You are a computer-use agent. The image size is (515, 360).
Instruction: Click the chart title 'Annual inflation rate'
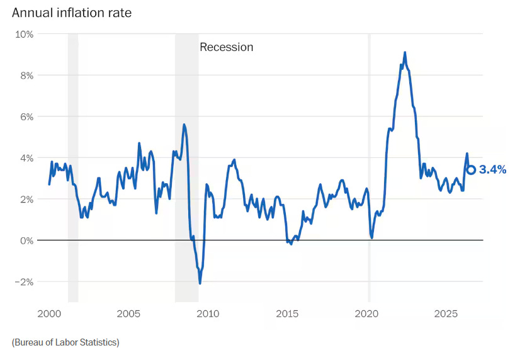(x=72, y=13)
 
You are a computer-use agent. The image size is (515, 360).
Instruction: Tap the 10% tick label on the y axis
(x=24, y=34)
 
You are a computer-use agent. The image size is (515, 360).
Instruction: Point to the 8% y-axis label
(x=26, y=76)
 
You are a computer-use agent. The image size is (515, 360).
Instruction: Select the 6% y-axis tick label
(x=26, y=117)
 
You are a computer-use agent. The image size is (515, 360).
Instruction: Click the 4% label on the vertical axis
(x=26, y=159)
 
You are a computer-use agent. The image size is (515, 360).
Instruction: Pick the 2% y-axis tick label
(x=26, y=200)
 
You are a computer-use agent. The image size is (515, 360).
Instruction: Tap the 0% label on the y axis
(x=26, y=241)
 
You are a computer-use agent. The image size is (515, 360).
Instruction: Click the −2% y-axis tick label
(x=24, y=282)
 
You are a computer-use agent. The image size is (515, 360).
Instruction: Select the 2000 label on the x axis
(x=49, y=313)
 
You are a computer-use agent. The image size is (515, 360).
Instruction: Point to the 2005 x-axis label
(x=128, y=313)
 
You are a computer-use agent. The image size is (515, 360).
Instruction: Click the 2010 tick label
(x=208, y=313)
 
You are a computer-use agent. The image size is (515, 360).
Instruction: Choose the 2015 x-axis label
(x=287, y=313)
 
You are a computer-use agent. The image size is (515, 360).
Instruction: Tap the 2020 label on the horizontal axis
(x=366, y=313)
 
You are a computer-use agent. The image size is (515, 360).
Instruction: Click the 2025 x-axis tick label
(x=446, y=313)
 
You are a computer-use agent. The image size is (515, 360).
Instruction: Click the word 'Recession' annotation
(x=226, y=47)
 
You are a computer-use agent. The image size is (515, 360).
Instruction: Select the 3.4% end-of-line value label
(x=493, y=169)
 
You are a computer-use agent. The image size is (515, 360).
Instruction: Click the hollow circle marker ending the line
(x=472, y=166)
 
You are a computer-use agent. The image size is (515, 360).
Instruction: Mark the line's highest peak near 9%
(x=405, y=53)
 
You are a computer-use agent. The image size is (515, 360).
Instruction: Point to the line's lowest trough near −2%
(x=200, y=283)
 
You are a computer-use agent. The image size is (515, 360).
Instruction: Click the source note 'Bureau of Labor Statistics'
(x=65, y=342)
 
